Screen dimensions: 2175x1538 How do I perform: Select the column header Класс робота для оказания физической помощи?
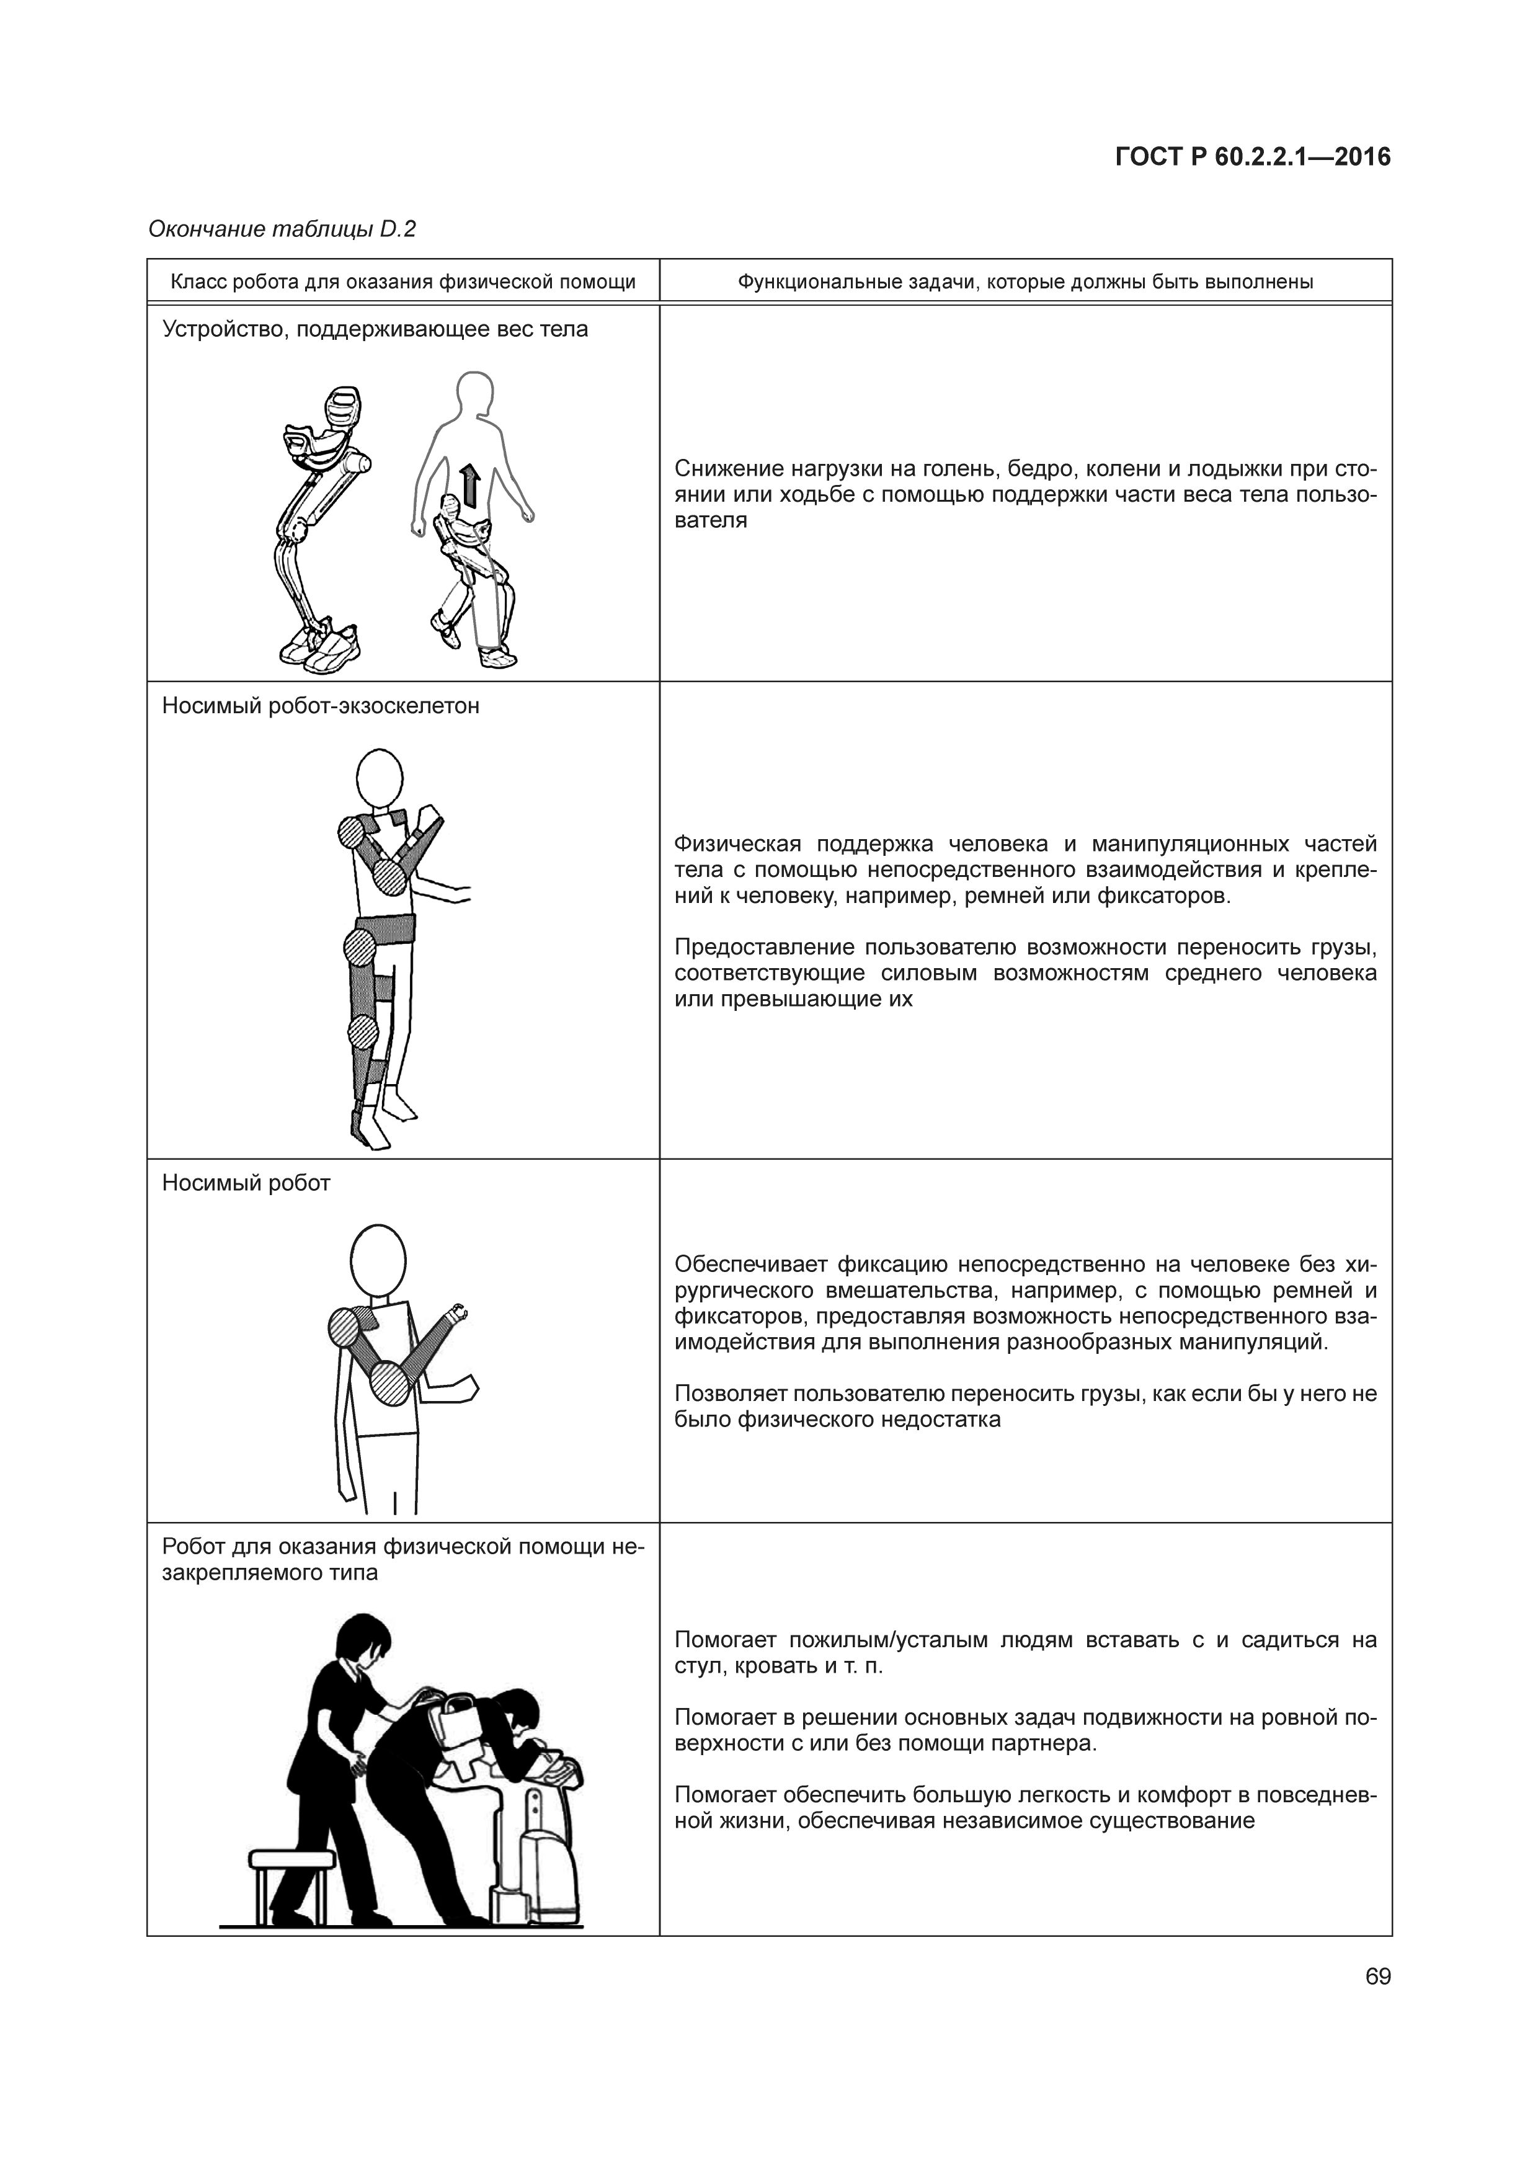402,282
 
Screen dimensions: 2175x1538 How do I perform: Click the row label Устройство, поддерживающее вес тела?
375,330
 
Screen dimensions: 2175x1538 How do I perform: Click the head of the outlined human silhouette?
474,393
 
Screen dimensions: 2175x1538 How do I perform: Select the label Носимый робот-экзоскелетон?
320,706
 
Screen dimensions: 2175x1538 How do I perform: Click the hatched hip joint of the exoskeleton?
360,946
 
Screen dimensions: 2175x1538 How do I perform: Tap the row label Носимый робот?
246,1183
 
